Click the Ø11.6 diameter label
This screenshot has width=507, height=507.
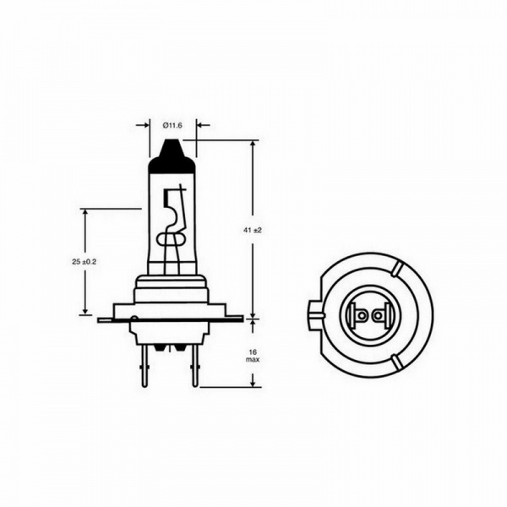[172, 125]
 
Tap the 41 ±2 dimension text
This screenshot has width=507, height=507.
[253, 230]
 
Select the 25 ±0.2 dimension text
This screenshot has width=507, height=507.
[84, 262]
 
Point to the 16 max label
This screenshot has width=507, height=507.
[253, 356]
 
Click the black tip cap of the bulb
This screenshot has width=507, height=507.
[172, 157]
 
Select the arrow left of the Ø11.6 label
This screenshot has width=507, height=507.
[143, 125]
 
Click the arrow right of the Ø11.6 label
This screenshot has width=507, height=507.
[203, 125]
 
